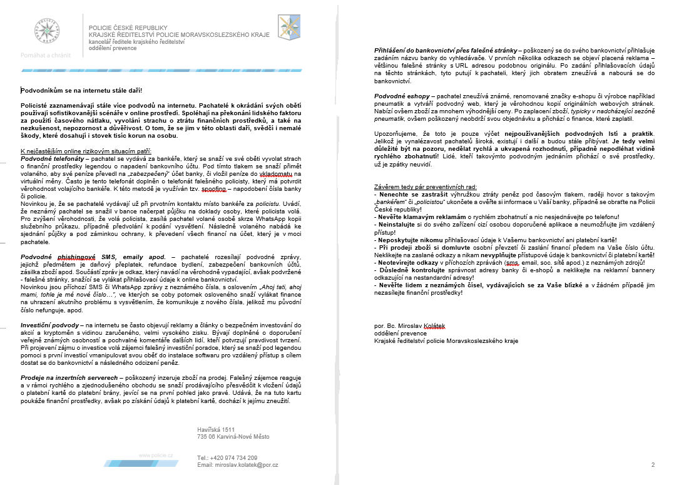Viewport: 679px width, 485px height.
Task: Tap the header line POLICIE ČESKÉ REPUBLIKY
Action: [x=128, y=28]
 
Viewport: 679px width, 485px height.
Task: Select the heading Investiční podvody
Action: [x=50, y=325]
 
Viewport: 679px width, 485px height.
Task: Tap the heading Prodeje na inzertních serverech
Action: [x=69, y=378]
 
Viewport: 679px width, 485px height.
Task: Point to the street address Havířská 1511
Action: [x=216, y=430]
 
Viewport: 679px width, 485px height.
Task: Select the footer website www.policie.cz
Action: [x=156, y=456]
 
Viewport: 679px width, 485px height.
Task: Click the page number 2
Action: [x=653, y=464]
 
